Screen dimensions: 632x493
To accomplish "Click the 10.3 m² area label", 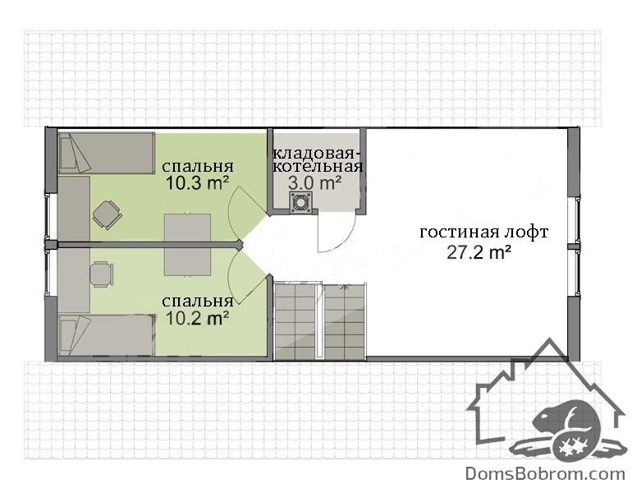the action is click(x=197, y=183).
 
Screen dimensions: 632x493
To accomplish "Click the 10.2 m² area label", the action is click(x=197, y=319).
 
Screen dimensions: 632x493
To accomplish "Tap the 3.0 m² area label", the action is click(x=315, y=183).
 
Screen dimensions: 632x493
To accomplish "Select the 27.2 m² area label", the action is click(x=479, y=252).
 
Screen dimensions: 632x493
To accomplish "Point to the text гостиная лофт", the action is click(x=484, y=233).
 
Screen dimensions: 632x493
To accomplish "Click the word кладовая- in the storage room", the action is click(x=316, y=154).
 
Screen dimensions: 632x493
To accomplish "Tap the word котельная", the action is click(x=318, y=166).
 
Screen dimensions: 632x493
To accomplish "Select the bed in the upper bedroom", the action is click(x=107, y=154).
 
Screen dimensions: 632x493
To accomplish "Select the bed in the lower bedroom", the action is click(x=107, y=335).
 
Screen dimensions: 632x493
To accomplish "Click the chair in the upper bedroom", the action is click(x=106, y=214).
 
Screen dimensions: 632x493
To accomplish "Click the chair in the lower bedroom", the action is click(x=101, y=274).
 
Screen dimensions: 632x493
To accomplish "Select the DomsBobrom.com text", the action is click(x=545, y=473).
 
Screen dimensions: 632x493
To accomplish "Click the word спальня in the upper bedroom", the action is click(x=198, y=166).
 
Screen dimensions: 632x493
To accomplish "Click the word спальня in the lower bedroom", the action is click(x=198, y=301).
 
